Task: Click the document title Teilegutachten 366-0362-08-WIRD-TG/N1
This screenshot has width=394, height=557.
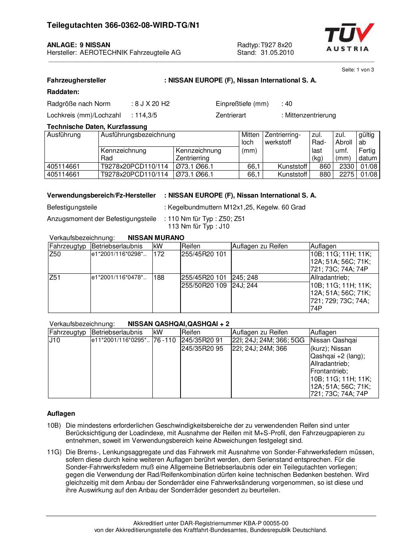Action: click(x=123, y=25)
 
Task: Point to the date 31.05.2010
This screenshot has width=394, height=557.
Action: click(x=277, y=53)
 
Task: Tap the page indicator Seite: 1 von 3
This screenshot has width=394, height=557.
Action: click(x=358, y=70)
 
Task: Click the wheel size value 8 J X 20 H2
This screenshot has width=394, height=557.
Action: click(x=152, y=104)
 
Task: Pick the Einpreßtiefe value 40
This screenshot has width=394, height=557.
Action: click(x=288, y=104)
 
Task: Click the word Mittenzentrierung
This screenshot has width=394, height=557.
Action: click(x=310, y=115)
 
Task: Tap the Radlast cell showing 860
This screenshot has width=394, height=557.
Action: click(x=325, y=167)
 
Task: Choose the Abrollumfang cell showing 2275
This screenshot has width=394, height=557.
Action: click(x=347, y=175)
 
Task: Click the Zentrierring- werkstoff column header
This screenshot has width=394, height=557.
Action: click(x=283, y=138)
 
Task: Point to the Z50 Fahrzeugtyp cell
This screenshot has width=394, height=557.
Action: click(x=55, y=254)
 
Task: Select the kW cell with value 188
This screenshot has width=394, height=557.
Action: click(x=159, y=278)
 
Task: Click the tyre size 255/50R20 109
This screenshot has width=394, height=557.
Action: click(x=204, y=286)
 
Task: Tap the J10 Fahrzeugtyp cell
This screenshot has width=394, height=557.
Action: click(x=55, y=340)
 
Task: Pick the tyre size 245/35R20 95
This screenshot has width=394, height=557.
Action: click(x=202, y=349)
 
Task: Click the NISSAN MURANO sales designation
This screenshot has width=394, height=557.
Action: click(x=156, y=238)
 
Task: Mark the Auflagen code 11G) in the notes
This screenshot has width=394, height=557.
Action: click(x=54, y=452)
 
